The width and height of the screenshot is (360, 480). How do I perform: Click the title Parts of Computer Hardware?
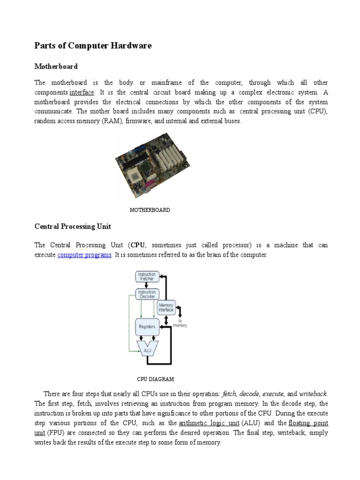93,45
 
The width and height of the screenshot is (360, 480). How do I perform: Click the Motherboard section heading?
56,66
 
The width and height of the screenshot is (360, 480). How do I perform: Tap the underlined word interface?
82,92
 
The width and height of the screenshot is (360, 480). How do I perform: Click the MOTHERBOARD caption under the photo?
150,210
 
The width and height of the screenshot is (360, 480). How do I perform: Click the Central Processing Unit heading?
73,226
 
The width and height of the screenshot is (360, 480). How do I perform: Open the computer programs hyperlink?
84,255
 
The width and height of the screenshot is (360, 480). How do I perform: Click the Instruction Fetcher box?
147,276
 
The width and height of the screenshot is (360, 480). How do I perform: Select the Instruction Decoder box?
147,294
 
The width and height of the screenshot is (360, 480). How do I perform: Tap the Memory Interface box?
165,307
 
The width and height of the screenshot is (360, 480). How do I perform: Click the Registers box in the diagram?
147,326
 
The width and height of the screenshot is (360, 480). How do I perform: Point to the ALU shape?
147,348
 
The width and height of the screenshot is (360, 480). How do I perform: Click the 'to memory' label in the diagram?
180,323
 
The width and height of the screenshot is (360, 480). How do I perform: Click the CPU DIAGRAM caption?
155,379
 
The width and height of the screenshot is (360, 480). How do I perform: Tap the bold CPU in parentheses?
138,245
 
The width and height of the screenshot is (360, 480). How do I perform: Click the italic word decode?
249,394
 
